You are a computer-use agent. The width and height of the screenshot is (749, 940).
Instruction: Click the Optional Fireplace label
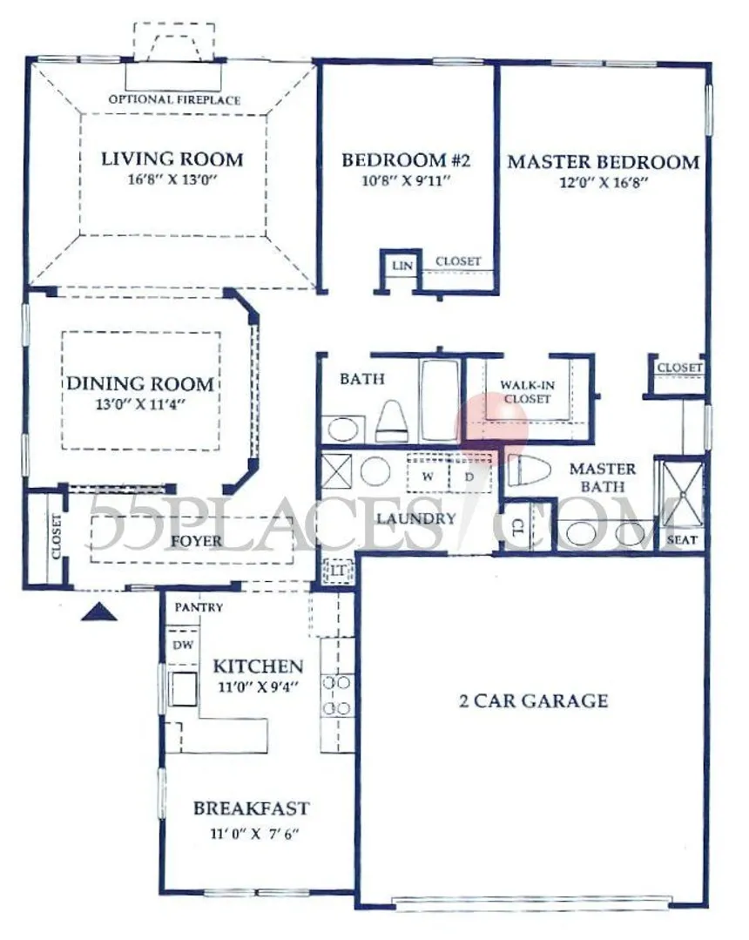(x=174, y=99)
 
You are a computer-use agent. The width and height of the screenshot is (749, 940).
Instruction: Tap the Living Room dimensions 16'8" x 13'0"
(x=172, y=179)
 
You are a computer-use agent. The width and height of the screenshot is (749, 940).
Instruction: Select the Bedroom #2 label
(x=406, y=160)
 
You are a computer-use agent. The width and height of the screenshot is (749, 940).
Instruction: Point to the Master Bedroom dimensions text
(x=604, y=182)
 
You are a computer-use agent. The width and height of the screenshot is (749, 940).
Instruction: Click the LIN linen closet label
(x=402, y=265)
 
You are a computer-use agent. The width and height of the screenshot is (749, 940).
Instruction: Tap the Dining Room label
(x=140, y=383)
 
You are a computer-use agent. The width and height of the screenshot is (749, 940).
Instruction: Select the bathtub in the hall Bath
(x=439, y=400)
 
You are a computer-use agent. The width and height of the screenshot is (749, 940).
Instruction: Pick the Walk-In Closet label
(x=527, y=391)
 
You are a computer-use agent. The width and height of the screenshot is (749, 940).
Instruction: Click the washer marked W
(x=428, y=477)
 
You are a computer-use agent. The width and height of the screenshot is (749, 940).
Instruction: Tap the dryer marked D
(x=469, y=477)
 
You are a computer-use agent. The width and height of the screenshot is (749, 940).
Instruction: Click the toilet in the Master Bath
(x=530, y=471)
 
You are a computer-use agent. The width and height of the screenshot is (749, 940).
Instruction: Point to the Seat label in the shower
(x=682, y=539)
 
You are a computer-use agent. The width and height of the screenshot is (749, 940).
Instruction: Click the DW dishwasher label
(x=184, y=645)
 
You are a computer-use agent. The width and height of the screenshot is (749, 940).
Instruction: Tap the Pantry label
(x=199, y=607)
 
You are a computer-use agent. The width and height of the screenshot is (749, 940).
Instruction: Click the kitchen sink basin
(x=184, y=689)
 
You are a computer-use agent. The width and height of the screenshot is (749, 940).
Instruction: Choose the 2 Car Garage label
(x=533, y=700)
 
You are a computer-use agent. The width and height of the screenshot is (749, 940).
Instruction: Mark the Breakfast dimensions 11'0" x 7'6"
(x=254, y=834)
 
